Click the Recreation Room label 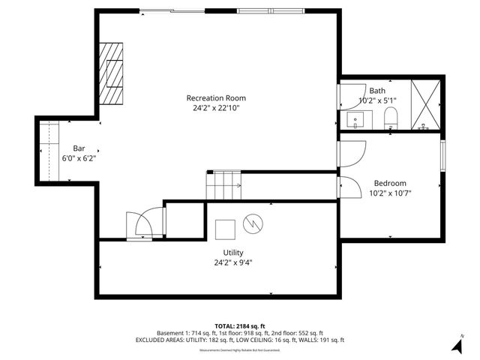[216, 98]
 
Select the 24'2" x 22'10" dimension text [216, 108]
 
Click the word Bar [79, 148]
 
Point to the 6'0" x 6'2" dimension [79, 157]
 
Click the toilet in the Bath [390, 118]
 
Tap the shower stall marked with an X [426, 105]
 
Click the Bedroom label [390, 183]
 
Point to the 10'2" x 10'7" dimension [390, 193]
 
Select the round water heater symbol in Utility [253, 223]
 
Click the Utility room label [232, 252]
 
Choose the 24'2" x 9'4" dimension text [232, 262]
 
